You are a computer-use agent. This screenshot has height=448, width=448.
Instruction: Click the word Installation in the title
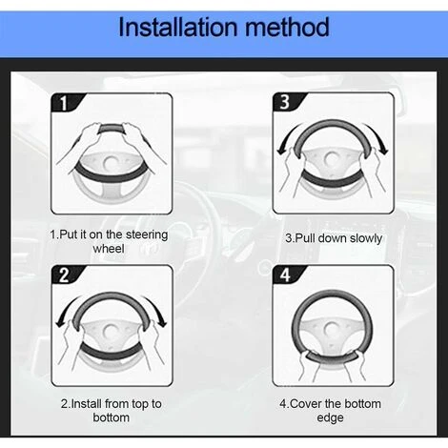pyautogui.click(x=178, y=27)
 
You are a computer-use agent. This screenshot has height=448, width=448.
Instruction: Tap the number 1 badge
pyautogui.click(x=64, y=103)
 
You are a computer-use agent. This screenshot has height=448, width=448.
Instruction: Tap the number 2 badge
pyautogui.click(x=64, y=275)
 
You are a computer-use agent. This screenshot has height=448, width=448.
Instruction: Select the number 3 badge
pyautogui.click(x=285, y=102)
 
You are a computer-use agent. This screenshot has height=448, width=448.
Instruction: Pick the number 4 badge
pyautogui.click(x=285, y=275)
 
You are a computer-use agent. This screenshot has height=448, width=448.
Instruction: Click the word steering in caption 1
pyautogui.click(x=147, y=235)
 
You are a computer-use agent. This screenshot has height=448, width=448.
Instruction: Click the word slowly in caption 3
pyautogui.click(x=365, y=238)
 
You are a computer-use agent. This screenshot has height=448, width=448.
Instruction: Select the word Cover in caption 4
pyautogui.click(x=305, y=404)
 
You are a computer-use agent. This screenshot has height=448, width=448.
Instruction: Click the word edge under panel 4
pyautogui.click(x=330, y=417)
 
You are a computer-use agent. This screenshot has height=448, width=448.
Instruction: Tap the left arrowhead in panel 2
pyautogui.click(x=60, y=323)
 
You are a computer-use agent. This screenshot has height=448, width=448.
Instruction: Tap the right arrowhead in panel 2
pyautogui.click(x=162, y=323)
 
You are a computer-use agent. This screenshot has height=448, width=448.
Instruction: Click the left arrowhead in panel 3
pyautogui.click(x=281, y=152)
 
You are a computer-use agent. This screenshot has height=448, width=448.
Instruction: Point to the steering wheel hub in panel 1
pyautogui.click(x=111, y=163)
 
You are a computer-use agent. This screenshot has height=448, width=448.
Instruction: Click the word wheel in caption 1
pyautogui.click(x=109, y=249)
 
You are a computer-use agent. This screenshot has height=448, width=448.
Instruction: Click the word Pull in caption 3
pyautogui.click(x=306, y=238)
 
